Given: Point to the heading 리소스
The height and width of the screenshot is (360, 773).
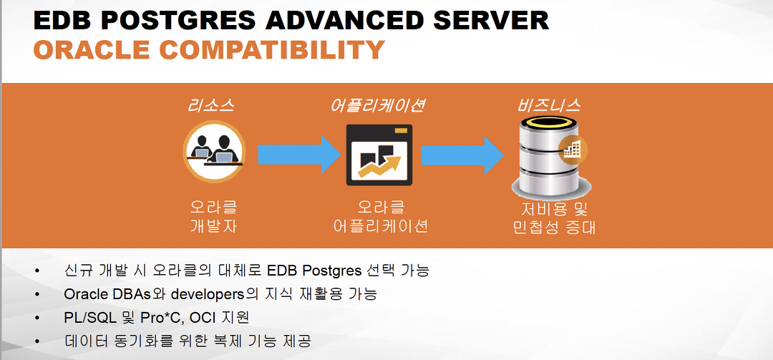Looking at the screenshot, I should (210, 106).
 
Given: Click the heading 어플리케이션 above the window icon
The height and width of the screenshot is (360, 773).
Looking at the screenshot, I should (379, 106).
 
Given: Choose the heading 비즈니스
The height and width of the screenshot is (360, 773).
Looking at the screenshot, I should (549, 106).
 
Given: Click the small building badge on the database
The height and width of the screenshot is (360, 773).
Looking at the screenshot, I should (573, 149).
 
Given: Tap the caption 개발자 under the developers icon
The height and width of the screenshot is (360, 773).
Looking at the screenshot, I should (213, 226).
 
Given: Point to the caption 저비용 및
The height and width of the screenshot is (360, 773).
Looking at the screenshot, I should (554, 210).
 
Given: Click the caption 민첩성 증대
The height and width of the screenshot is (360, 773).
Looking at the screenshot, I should (554, 228).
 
